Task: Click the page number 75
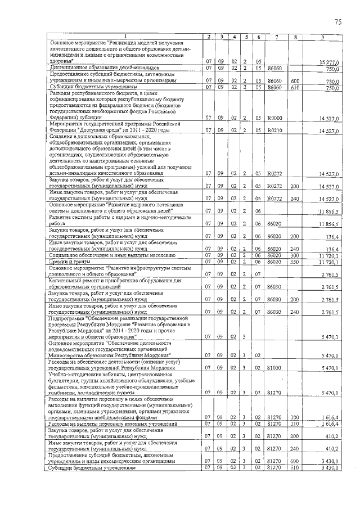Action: point(338,22)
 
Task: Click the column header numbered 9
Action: point(322,37)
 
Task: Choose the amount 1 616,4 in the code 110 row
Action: point(329,423)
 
